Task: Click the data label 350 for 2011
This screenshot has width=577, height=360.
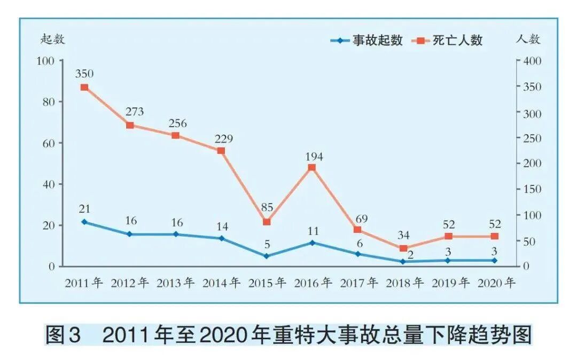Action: pos(84,73)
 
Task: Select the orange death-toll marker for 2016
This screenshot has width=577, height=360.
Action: pos(312,168)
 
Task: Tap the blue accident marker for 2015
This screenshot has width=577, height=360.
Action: pos(267,256)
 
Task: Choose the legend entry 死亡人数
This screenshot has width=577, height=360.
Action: pos(450,41)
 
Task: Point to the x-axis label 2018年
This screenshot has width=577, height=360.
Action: pos(404,283)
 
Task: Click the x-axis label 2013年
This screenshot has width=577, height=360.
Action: pos(176,283)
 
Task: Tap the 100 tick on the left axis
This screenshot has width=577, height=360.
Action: pos(46,61)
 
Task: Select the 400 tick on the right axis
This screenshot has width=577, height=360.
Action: pos(532,61)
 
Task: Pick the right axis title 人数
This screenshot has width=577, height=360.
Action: pos(528,39)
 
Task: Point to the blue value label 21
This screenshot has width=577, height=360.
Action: pos(84,209)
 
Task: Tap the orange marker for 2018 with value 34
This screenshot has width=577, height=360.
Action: pos(403,248)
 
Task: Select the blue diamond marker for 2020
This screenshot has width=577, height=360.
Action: pos(494,260)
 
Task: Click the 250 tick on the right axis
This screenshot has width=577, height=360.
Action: pos(532,138)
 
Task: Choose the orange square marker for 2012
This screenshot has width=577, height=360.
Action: pos(130,125)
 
